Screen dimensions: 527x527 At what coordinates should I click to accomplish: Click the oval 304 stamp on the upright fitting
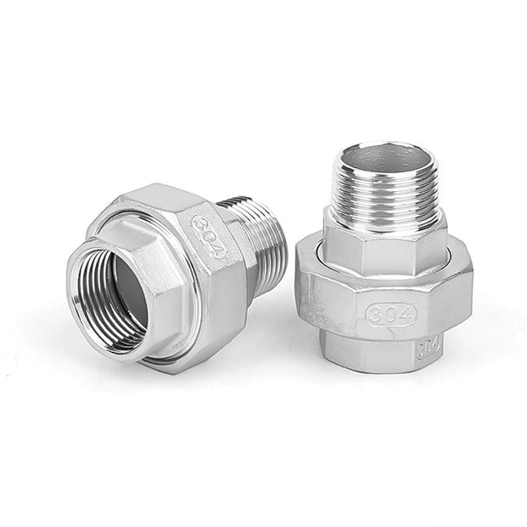coord(391,314)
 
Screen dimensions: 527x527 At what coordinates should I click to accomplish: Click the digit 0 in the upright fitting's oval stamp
coord(391,314)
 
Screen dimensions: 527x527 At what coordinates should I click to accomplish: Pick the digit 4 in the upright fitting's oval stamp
coord(406,314)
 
